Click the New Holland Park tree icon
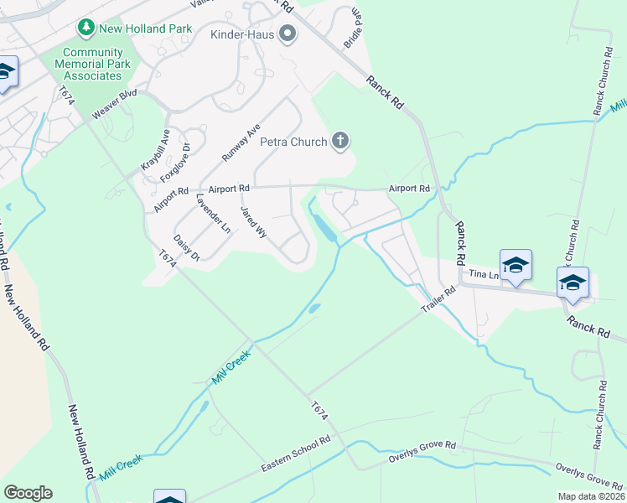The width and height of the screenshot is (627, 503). click(x=85, y=29)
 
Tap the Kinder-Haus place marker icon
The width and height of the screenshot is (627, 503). click(x=288, y=34)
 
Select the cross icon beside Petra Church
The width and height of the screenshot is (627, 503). click(x=339, y=141)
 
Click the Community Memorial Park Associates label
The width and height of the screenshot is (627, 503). click(x=91, y=64)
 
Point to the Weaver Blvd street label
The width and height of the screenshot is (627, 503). click(x=114, y=106)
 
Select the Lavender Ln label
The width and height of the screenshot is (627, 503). click(x=212, y=213)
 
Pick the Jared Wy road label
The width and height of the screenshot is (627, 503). click(x=253, y=223)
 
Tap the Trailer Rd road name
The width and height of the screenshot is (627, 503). click(x=437, y=303)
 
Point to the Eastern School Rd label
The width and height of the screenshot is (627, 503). click(x=295, y=454)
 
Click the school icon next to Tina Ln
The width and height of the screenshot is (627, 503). click(x=516, y=265)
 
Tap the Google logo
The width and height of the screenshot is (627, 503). click(x=28, y=493)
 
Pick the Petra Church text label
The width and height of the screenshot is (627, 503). click(x=293, y=142)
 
